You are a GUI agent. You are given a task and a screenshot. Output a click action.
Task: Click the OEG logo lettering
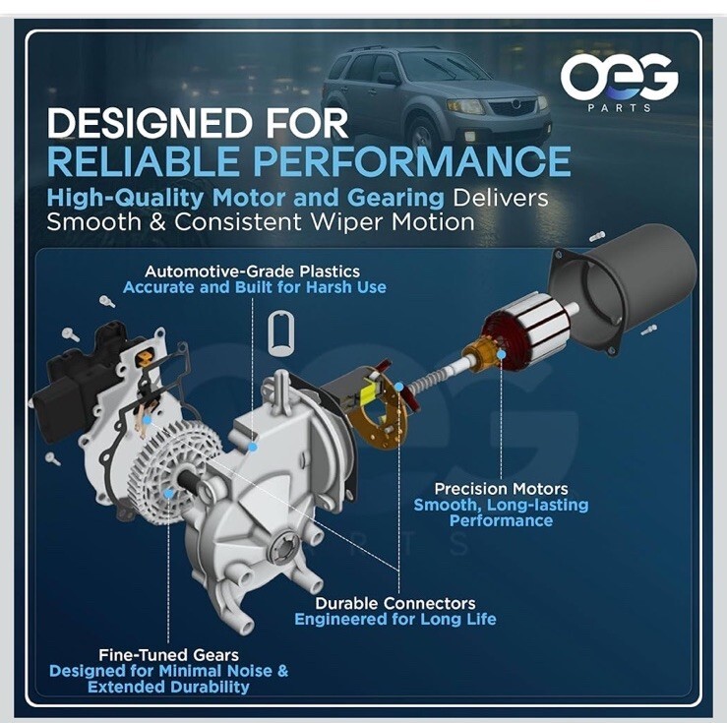(619, 77)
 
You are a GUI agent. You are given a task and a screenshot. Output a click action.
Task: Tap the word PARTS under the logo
(620, 108)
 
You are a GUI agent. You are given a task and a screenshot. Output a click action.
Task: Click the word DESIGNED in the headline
(151, 123)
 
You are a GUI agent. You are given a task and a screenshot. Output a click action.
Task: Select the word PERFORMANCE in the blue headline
(412, 160)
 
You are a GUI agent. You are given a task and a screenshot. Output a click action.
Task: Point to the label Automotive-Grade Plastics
(252, 271)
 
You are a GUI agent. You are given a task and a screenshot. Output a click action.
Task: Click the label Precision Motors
(501, 489)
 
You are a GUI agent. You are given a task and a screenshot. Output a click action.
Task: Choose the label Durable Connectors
(395, 603)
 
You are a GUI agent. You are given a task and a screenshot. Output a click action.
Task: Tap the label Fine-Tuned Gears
(169, 655)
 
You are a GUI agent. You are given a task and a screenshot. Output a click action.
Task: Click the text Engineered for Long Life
(395, 619)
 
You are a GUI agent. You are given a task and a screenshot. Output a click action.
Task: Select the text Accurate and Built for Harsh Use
(255, 287)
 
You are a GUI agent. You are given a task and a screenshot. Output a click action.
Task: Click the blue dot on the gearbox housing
(252, 447)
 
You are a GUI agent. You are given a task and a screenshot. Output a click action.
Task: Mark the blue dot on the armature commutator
(501, 354)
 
